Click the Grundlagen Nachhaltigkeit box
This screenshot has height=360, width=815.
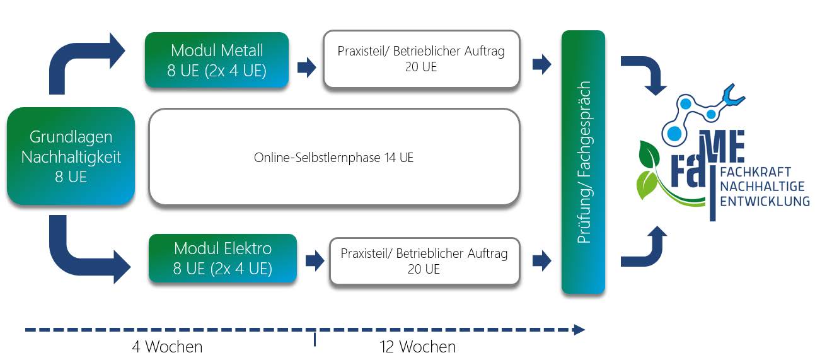(x=71, y=156)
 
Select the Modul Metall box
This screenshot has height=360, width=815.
(x=217, y=60)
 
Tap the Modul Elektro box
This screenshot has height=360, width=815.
(x=223, y=258)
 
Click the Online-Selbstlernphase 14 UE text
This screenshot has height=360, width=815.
(x=333, y=158)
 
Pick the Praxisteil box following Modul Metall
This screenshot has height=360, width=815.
(x=421, y=59)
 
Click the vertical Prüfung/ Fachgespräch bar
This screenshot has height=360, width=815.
(x=583, y=162)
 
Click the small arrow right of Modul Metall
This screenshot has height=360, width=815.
(x=307, y=67)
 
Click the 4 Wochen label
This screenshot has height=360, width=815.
(x=167, y=347)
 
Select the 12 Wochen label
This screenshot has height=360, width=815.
(x=417, y=347)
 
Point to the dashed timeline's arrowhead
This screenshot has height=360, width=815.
(x=579, y=329)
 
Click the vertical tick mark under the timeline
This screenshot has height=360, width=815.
(x=315, y=340)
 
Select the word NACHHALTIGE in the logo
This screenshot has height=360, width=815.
(x=764, y=187)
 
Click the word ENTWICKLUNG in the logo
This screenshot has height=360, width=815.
(x=765, y=201)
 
